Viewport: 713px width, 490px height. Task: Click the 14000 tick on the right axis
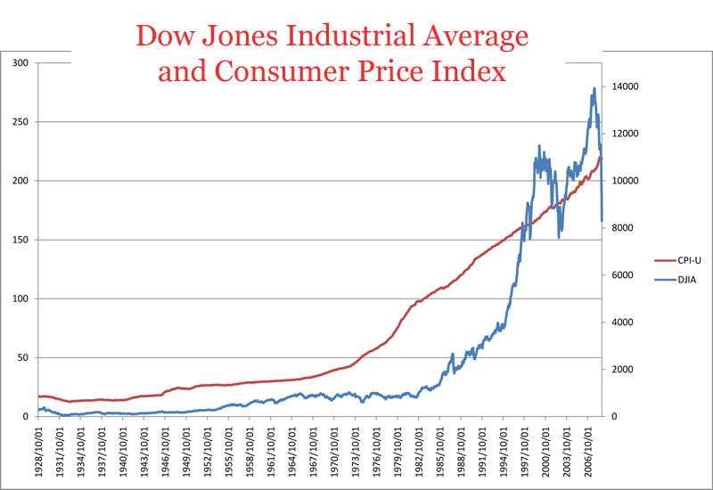[x=625, y=86]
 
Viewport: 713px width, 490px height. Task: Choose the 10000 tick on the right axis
[x=625, y=181]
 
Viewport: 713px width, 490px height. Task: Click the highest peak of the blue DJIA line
[x=594, y=88]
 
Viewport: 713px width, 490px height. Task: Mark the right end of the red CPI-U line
[x=602, y=158]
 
